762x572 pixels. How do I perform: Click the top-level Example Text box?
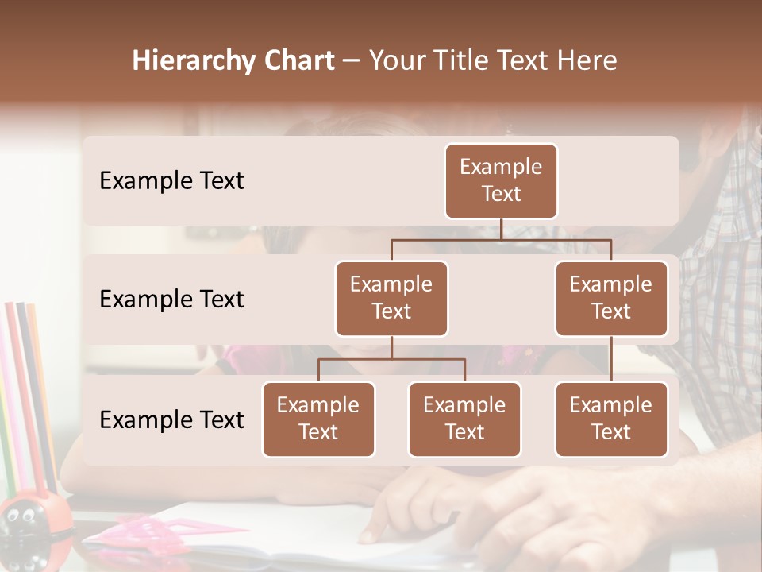tap(501, 180)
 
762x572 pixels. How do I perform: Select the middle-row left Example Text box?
tap(391, 298)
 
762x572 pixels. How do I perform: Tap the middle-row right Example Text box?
tap(611, 298)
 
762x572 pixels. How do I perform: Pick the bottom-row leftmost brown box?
tap(318, 419)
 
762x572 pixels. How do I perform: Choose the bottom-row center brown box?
tap(464, 419)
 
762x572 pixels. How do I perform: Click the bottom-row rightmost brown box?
tap(611, 419)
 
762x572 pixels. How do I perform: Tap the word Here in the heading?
tap(584, 61)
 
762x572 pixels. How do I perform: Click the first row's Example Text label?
tap(171, 181)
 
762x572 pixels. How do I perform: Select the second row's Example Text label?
tap(171, 300)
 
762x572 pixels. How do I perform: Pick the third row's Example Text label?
tap(171, 419)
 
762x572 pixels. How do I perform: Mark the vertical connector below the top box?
tap(501, 229)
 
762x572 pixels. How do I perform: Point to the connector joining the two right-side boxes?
tap(611, 359)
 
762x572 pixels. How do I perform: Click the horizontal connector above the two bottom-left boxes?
tap(391, 359)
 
